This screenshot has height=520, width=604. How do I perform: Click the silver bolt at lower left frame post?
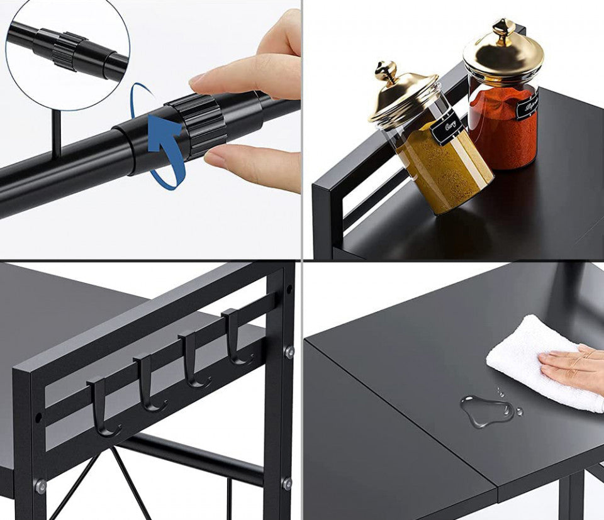click(40, 485)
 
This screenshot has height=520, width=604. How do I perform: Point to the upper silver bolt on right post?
click(288, 352)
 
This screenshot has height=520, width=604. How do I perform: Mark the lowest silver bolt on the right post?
click(286, 483)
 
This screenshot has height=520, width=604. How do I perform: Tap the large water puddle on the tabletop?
click(484, 411)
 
